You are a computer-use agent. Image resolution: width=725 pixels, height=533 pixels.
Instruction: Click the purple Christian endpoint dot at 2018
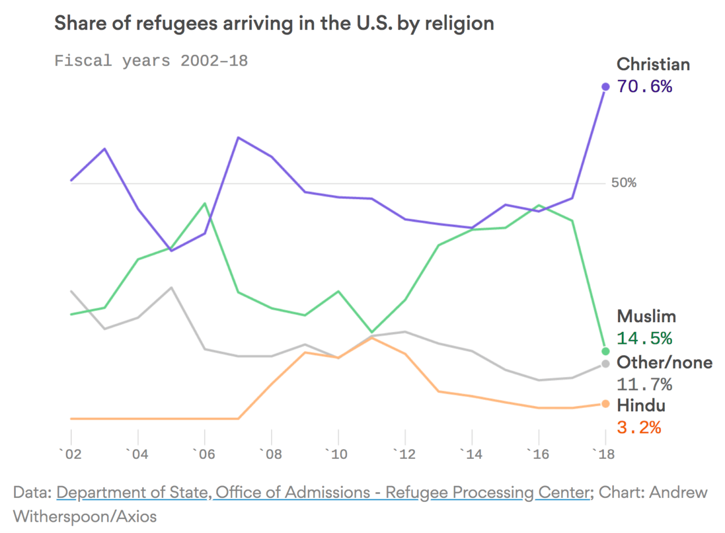[x=605, y=87]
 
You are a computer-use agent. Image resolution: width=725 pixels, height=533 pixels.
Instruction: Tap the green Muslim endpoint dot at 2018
[x=605, y=351]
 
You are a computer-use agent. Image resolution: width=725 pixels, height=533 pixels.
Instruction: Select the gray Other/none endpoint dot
[x=605, y=363]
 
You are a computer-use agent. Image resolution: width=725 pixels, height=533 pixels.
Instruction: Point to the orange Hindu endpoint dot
[x=605, y=404]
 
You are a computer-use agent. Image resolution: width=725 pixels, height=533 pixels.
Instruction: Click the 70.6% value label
[x=644, y=87]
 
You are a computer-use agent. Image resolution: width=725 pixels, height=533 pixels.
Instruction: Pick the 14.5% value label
[x=644, y=338]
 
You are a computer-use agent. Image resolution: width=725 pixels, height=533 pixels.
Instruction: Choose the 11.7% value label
[x=644, y=385]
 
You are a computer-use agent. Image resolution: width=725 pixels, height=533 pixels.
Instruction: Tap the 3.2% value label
[x=638, y=427]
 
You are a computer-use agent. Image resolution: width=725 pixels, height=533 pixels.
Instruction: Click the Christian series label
[x=653, y=64]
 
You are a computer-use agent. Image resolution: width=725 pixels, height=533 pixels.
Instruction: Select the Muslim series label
[x=646, y=315]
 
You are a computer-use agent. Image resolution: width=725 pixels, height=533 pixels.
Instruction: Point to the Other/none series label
[x=664, y=363]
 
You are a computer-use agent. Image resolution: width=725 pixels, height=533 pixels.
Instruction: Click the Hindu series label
[x=641, y=405]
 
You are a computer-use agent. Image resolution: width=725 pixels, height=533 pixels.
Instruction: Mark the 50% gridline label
[x=624, y=183]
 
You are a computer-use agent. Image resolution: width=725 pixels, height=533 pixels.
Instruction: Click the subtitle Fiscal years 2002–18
[x=151, y=61]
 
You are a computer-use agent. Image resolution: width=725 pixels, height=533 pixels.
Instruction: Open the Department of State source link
[x=131, y=492]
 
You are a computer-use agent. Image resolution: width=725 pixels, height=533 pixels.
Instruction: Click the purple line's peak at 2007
[x=238, y=138]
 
